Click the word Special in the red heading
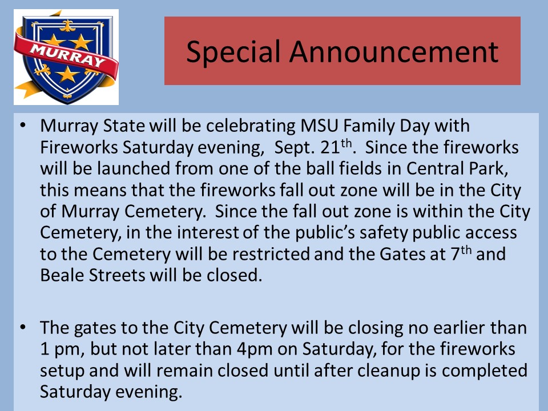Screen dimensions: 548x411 233,52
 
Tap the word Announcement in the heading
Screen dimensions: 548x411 394,51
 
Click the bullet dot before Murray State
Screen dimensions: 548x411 23,125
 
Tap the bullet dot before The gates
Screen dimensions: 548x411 23,328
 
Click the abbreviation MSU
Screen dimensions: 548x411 319,126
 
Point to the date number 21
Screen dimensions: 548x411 329,147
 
